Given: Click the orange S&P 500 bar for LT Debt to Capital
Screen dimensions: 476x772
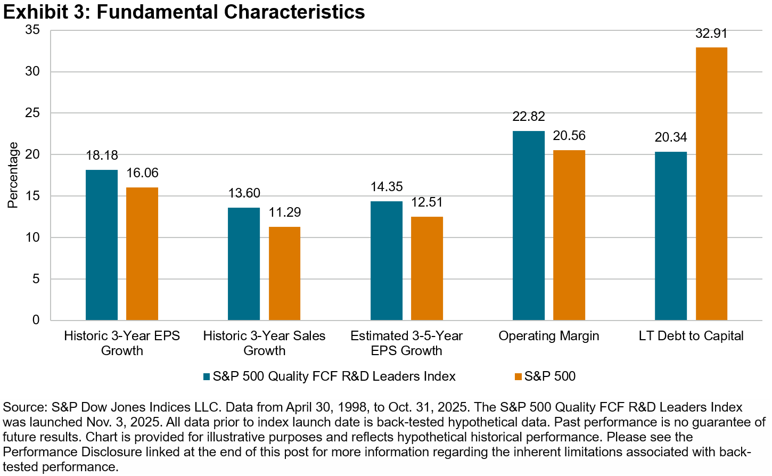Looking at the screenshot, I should click(711, 184).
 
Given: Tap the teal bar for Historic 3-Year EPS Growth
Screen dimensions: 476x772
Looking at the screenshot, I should click(102, 245).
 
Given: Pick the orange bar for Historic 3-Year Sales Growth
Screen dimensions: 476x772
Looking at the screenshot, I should click(284, 273).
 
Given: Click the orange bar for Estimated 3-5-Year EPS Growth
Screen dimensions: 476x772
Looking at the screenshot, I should click(427, 268).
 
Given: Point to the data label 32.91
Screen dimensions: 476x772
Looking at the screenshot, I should click(711, 34).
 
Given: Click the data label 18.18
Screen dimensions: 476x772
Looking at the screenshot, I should click(102, 155).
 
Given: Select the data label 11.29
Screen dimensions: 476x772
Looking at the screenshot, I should click(285, 212).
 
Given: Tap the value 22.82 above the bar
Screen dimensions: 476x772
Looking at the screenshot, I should click(529, 117).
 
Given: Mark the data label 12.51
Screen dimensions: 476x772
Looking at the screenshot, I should click(427, 202).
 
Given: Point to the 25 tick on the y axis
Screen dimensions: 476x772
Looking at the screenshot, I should click(33, 113).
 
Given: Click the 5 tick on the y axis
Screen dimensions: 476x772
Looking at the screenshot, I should click(36, 278).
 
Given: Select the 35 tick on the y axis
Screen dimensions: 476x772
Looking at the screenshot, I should click(33, 30).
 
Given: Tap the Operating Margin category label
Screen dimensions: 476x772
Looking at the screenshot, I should click(549, 336).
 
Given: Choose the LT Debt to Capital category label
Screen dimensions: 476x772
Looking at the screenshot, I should click(691, 336).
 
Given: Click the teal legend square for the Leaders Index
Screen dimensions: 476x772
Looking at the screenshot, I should click(207, 377).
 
